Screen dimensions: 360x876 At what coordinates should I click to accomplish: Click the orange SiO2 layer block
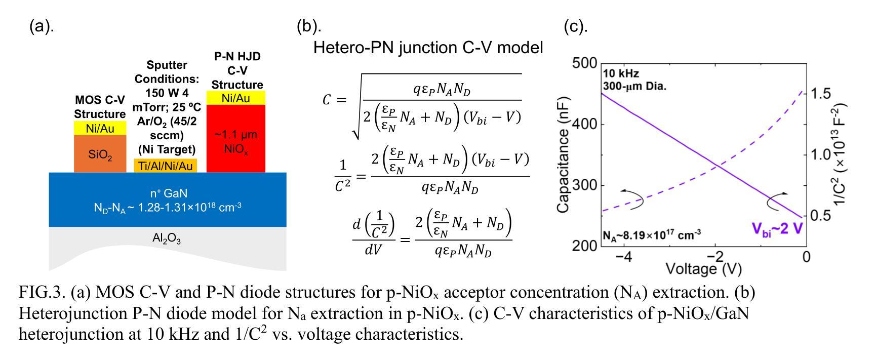(100, 154)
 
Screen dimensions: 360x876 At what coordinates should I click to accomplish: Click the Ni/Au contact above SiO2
(100, 129)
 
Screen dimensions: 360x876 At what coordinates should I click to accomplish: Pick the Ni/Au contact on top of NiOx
(236, 98)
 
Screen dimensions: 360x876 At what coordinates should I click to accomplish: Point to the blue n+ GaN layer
(167, 199)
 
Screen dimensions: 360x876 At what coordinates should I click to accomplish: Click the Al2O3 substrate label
(167, 240)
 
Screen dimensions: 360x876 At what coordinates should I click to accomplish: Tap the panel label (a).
(41, 27)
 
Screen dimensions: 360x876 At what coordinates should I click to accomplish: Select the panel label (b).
(308, 27)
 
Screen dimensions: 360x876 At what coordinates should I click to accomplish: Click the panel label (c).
(576, 27)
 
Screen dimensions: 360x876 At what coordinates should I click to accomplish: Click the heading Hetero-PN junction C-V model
(428, 48)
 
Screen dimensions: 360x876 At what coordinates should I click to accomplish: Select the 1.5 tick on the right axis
(821, 94)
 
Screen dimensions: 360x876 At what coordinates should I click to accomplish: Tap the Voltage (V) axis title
(703, 268)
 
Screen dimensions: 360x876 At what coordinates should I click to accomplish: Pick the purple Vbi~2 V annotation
(777, 229)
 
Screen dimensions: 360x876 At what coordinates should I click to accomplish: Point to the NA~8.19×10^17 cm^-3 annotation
(652, 235)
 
